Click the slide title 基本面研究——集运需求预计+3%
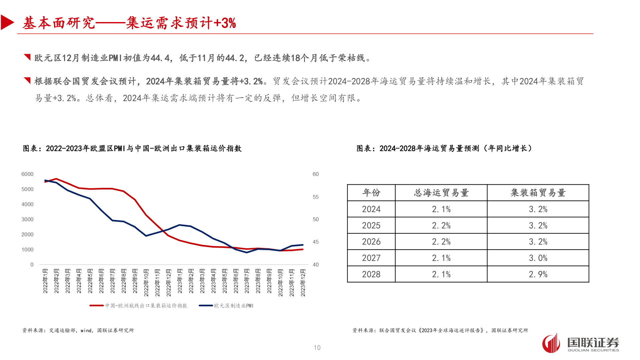click(x=129, y=23)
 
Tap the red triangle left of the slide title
click(x=7, y=23)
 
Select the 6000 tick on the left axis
click(x=27, y=174)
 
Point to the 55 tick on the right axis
click(x=315, y=197)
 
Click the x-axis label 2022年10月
click(x=146, y=283)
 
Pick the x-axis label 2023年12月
click(x=303, y=283)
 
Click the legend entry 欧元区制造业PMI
click(x=233, y=306)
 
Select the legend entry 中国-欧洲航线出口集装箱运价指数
click(x=146, y=306)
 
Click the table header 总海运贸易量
click(x=441, y=193)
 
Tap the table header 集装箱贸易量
click(x=538, y=193)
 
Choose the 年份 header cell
click(x=371, y=193)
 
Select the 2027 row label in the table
click(x=371, y=258)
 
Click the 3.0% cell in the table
click(x=538, y=258)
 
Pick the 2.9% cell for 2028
click(x=538, y=274)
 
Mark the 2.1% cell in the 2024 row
click(x=441, y=209)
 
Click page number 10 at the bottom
click(x=317, y=348)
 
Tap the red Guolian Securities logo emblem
click(x=551, y=343)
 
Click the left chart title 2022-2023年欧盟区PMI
click(x=132, y=148)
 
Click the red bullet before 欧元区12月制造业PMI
click(x=27, y=57)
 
